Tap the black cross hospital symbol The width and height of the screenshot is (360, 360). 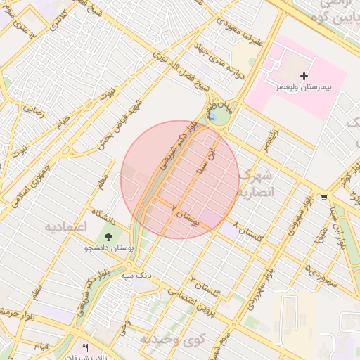click(x=304, y=75)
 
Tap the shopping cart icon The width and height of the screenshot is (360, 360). click(x=323, y=198)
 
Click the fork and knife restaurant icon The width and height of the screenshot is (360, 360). click(x=86, y=347)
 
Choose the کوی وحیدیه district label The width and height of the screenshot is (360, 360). click(x=166, y=339)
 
